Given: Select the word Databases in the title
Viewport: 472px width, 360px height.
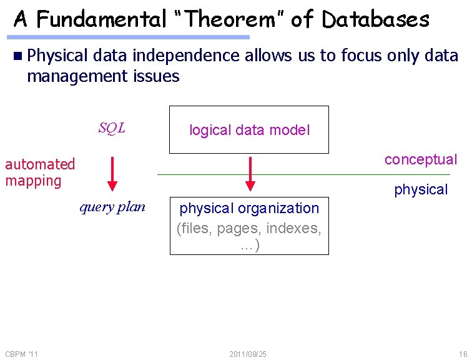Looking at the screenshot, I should tap(375, 19).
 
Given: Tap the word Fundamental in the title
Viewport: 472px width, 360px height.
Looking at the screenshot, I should tap(101, 19).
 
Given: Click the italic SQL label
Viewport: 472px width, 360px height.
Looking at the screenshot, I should tap(112, 128).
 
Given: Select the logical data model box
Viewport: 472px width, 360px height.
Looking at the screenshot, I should tap(249, 130).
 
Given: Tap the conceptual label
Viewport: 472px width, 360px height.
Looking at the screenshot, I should tap(420, 159).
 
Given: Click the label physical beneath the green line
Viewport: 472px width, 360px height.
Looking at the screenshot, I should tap(420, 189).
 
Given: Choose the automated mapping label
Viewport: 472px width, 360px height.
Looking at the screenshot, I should tap(39, 172).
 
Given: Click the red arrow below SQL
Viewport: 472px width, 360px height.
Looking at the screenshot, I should tap(112, 173).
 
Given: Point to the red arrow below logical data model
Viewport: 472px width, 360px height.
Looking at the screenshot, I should tap(250, 173).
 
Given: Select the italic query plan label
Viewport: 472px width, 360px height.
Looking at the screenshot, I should tap(112, 207).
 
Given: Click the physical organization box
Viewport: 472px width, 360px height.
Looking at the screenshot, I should tap(249, 226).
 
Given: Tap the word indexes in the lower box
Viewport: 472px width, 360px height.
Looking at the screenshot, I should tap(293, 228).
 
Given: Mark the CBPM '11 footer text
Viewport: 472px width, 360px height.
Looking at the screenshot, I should tap(21, 354).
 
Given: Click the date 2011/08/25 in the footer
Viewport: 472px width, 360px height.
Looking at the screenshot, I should tap(248, 354).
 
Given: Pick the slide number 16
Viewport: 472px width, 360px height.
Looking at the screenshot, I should tap(463, 354).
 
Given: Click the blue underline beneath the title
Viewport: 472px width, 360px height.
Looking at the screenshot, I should tap(131, 37).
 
